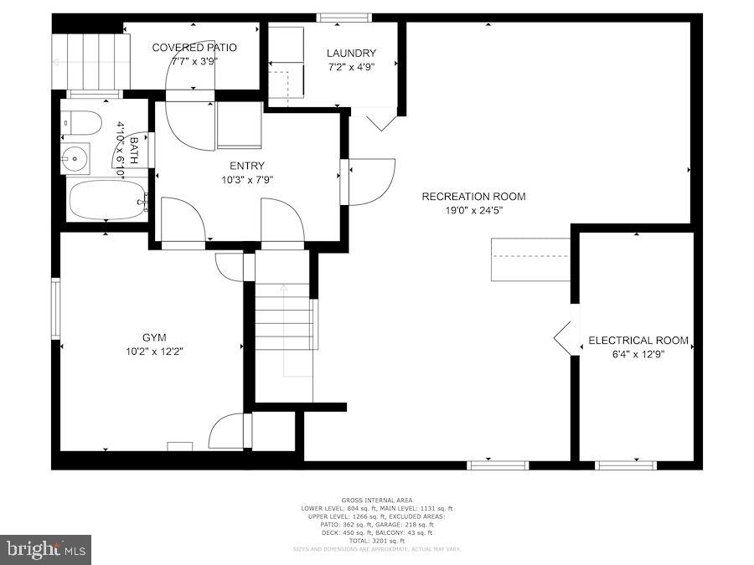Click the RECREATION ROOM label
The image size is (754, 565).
[473, 197]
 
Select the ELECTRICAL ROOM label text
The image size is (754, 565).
[638, 341]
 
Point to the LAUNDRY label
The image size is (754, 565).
[351, 54]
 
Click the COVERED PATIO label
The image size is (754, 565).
[194, 48]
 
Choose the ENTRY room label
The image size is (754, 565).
[246, 166]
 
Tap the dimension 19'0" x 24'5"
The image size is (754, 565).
[473, 210]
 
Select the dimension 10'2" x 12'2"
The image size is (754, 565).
[149, 352]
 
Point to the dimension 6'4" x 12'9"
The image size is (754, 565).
[638, 354]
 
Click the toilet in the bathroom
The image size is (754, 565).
[81, 123]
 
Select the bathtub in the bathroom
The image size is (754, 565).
[107, 201]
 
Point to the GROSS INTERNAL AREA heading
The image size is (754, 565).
[376, 501]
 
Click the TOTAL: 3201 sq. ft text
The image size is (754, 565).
[376, 540]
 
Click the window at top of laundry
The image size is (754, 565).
[343, 17]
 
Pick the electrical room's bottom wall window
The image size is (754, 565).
[625, 465]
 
